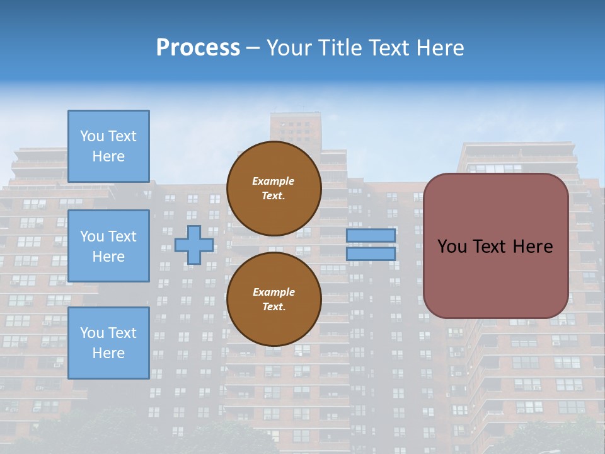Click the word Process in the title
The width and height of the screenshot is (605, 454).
(198, 48)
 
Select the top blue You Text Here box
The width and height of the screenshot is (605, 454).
(108, 146)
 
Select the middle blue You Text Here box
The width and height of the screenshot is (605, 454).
(108, 246)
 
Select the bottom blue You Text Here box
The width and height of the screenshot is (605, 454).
(108, 343)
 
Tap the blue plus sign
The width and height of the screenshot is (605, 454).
(194, 245)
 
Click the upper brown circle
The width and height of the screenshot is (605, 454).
(274, 189)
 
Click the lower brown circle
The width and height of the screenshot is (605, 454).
(274, 300)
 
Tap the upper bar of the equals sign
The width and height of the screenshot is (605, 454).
(371, 235)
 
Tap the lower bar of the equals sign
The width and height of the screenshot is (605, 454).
(371, 253)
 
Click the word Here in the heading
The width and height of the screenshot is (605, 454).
(441, 48)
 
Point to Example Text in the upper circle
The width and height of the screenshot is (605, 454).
(274, 189)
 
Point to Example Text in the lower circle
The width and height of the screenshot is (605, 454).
(274, 300)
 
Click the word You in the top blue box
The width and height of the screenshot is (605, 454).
(92, 136)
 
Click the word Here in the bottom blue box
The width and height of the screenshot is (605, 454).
(108, 353)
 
